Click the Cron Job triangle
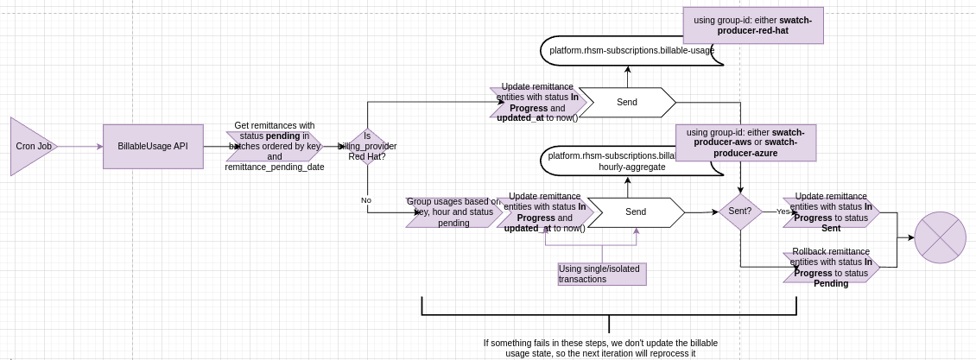[x=31, y=147]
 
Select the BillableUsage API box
[x=153, y=147]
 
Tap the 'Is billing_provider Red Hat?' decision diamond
[x=367, y=147]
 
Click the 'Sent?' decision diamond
[x=740, y=212]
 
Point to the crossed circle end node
[x=940, y=237]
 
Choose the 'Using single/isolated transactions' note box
[x=602, y=274]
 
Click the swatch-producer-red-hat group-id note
[x=753, y=25]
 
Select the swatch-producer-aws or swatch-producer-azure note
[x=745, y=142]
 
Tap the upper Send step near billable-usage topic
[x=627, y=102]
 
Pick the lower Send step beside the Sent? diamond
[x=636, y=212]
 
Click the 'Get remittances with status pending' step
[x=274, y=146]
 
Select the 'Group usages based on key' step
[x=453, y=212]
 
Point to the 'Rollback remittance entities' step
[x=831, y=268]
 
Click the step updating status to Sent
[x=831, y=212]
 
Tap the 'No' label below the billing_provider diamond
[x=366, y=200]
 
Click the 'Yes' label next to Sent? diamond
[x=783, y=212]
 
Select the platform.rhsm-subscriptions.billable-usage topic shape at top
[x=631, y=51]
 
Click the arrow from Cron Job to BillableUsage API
[x=79, y=147]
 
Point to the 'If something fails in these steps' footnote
[x=600, y=348]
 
